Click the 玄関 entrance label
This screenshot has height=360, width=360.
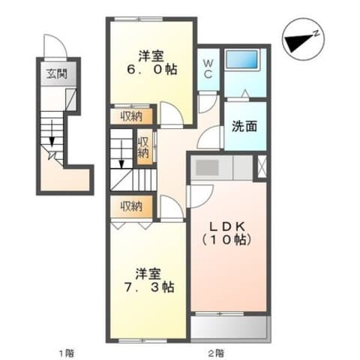click(x=57, y=73)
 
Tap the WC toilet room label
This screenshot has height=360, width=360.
click(x=208, y=69)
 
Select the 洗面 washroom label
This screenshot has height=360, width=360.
click(x=244, y=126)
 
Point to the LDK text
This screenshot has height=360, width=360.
click(x=226, y=226)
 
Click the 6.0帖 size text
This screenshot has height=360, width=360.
click(x=152, y=69)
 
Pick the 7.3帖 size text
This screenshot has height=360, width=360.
click(x=149, y=287)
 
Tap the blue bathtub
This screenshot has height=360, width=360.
click(x=241, y=59)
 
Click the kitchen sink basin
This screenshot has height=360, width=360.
click(x=207, y=167)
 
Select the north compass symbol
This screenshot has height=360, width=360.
click(x=303, y=39)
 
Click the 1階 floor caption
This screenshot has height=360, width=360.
click(x=67, y=353)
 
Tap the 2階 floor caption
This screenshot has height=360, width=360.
click(x=217, y=353)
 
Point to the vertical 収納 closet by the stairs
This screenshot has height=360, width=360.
click(x=143, y=147)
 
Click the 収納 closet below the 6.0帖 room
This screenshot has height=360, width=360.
click(x=131, y=116)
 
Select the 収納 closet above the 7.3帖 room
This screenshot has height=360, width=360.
click(x=131, y=206)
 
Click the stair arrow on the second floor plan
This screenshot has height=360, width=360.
click(x=121, y=154)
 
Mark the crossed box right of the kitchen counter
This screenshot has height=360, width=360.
click(x=262, y=166)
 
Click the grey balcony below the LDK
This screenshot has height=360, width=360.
click(x=230, y=327)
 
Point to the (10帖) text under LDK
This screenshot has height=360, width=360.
click(x=226, y=240)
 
